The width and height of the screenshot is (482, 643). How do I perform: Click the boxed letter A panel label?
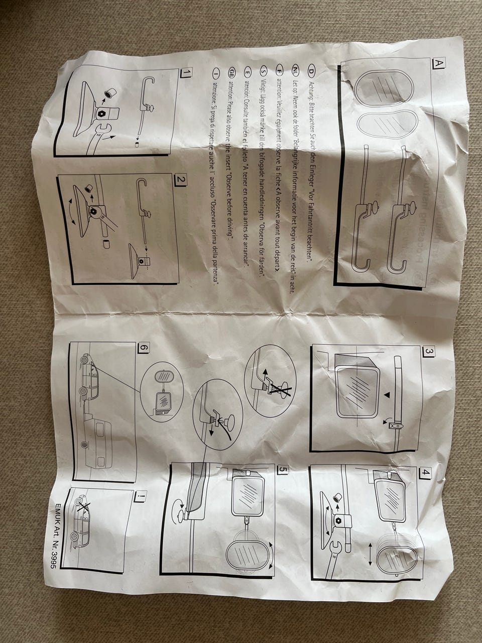pos(438,64)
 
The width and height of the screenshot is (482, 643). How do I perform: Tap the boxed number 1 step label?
pos(186,73)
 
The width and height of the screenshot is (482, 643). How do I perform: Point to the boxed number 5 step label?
pos(283,471)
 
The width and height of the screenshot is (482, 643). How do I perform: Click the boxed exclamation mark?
pos(140,497)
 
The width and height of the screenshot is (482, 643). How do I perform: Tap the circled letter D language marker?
pos(311,70)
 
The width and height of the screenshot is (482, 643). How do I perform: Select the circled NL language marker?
pos(296,70)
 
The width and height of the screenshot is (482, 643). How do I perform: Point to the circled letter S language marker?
pos(264,70)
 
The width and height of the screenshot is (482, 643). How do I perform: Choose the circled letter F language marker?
pos(280,70)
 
